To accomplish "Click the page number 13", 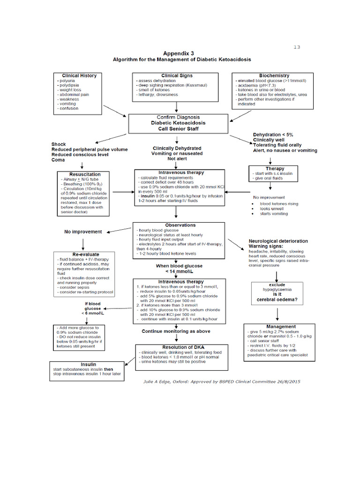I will (x=296, y=47).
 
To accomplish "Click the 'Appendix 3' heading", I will (x=181, y=53).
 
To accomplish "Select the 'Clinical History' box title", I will (x=79, y=75).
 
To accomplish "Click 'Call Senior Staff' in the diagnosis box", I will (x=178, y=129).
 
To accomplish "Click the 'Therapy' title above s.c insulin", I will (x=275, y=169).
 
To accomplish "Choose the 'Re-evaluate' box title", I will (x=83, y=254).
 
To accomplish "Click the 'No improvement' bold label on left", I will (x=83, y=232).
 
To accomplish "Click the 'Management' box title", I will (x=281, y=326).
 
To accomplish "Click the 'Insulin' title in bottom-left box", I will (x=88, y=364).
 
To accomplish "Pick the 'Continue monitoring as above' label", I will (x=176, y=331).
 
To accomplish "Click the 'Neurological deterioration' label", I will (x=278, y=241).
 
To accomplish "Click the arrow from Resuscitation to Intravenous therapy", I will (x=123, y=191).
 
